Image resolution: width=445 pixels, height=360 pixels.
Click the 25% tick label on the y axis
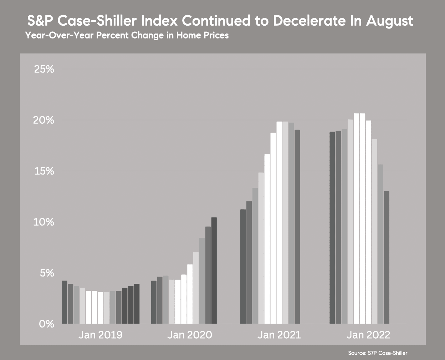click(x=44, y=69)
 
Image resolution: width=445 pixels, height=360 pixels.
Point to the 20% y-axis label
click(x=44, y=120)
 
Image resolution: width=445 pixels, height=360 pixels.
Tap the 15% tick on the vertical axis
click(x=44, y=171)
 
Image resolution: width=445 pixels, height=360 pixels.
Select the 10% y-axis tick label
click(x=44, y=222)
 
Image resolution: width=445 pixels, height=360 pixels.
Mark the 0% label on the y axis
click(x=46, y=324)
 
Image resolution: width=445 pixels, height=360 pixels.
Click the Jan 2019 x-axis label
click(x=100, y=335)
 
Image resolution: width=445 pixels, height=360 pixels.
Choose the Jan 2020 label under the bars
click(x=189, y=335)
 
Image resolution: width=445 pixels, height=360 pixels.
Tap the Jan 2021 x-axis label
click(x=279, y=335)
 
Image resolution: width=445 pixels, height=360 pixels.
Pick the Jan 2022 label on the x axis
click(x=368, y=335)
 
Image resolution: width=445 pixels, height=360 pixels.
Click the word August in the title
click(x=389, y=21)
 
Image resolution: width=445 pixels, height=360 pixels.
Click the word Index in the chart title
click(x=159, y=21)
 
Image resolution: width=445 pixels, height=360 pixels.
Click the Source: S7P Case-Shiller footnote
click(x=378, y=353)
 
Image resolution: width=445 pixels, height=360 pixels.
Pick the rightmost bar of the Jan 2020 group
click(x=214, y=271)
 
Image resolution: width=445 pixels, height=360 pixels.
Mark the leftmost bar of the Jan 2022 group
click(x=332, y=228)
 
